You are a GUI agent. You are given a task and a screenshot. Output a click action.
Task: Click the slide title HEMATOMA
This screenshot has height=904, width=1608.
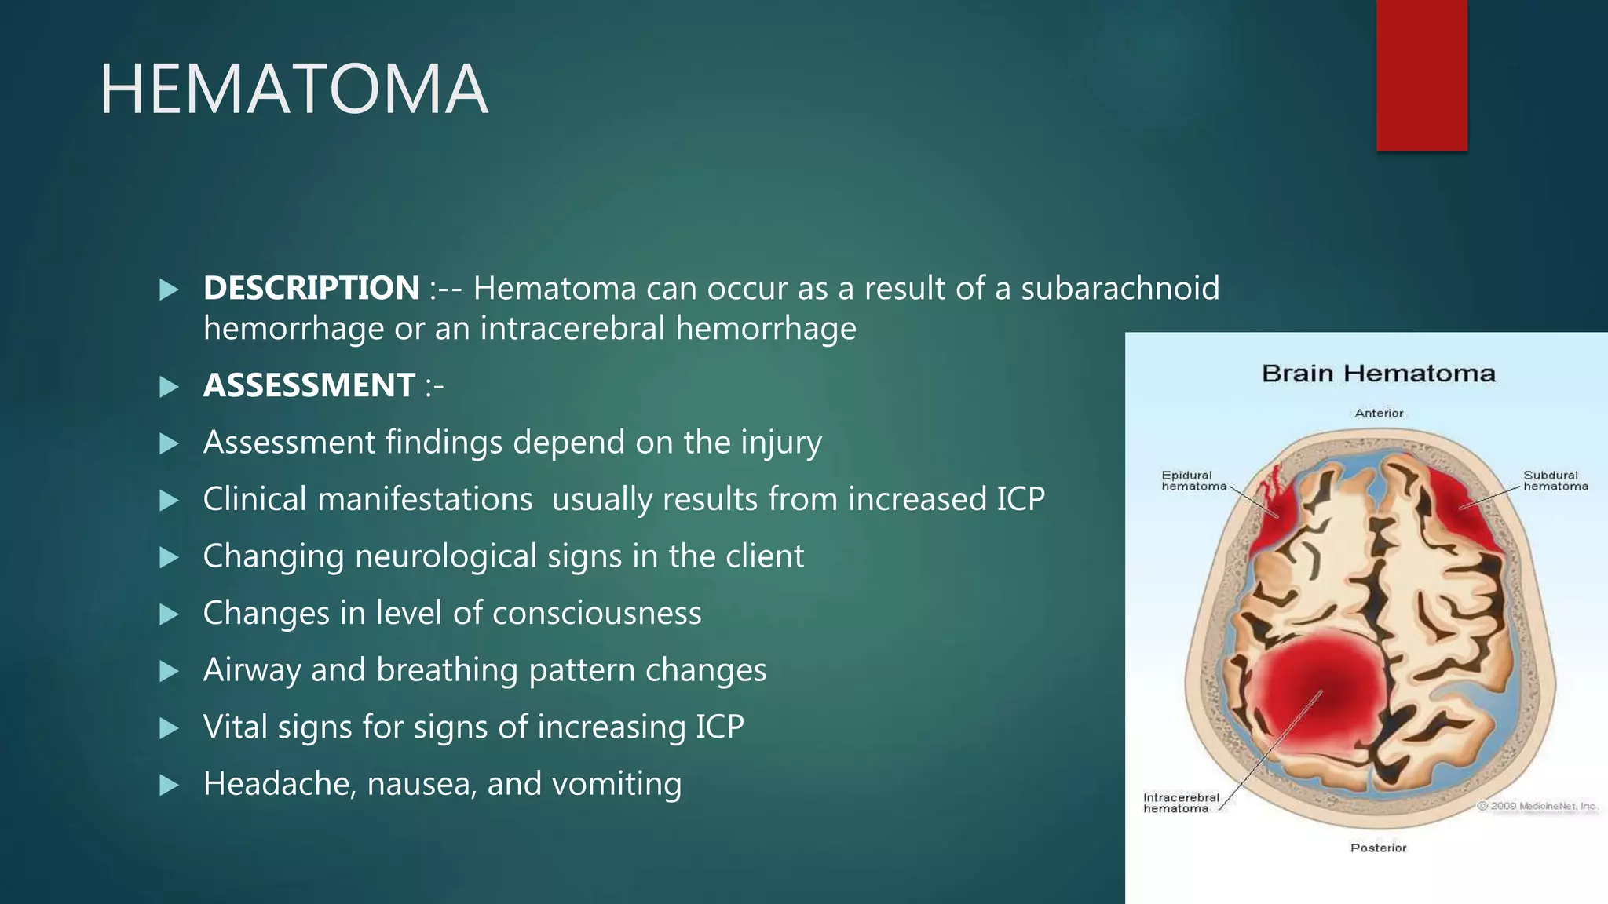click(x=294, y=89)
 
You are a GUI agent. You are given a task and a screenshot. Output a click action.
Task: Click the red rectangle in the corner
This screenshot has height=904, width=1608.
click(x=1421, y=75)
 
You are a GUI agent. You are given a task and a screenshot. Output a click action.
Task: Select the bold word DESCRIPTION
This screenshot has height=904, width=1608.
click(x=311, y=288)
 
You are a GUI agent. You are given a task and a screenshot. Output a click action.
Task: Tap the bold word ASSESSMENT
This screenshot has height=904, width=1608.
click(x=309, y=385)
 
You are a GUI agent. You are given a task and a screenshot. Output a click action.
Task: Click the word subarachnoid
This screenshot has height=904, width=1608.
click(x=1120, y=288)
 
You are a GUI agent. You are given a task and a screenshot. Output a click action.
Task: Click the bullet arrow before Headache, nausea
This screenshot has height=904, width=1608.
click(x=169, y=785)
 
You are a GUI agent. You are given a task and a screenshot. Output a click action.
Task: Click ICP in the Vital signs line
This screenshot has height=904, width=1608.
click(x=719, y=727)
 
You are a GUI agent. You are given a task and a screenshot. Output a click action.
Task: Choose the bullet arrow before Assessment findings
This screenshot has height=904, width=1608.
click(x=169, y=443)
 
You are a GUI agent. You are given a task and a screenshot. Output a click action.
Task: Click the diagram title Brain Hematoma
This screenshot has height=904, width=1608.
click(x=1378, y=374)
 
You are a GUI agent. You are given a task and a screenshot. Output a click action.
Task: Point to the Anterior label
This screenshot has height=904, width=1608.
click(x=1379, y=413)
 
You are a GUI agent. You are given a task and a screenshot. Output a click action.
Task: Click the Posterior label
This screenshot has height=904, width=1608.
click(x=1378, y=847)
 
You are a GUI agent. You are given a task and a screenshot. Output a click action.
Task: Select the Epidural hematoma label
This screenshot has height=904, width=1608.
click(x=1193, y=480)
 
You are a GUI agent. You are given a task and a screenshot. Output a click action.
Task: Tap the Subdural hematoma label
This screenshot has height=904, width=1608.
click(x=1555, y=480)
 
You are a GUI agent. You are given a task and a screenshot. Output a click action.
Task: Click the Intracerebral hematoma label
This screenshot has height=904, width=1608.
click(x=1180, y=803)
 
